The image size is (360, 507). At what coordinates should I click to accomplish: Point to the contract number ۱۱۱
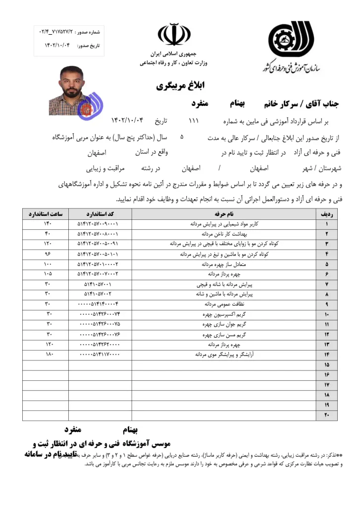(194, 120)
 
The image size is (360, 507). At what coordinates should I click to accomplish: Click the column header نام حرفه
(224, 214)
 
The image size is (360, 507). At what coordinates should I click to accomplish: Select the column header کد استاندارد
(100, 214)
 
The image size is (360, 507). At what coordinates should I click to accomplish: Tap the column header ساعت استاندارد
(45, 214)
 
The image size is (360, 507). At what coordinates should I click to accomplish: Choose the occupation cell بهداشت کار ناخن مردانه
(224, 233)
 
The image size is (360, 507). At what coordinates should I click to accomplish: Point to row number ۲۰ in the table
(326, 415)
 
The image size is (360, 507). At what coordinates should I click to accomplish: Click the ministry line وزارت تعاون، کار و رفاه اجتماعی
(174, 63)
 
